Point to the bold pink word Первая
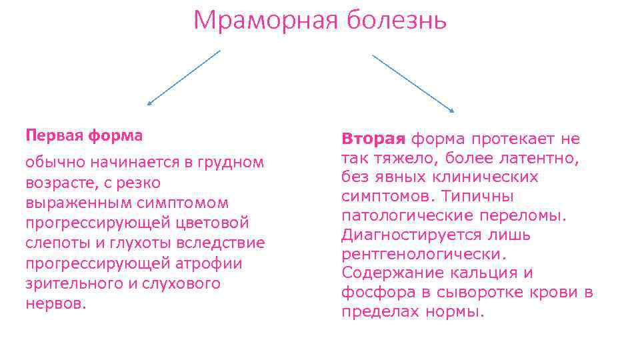51,135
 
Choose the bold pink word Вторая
373,139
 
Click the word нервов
56,303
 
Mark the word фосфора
370,292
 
